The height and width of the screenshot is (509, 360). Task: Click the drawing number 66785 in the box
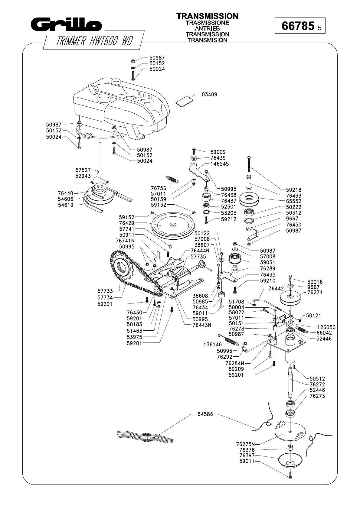[298, 26]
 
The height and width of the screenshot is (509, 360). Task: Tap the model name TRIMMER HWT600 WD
[94, 41]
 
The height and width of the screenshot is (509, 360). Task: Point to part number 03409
[209, 95]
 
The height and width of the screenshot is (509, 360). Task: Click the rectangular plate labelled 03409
[184, 101]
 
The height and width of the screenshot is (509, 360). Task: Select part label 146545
[220, 164]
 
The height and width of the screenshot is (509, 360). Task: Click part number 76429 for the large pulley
[126, 223]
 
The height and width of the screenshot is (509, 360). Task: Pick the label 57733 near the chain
[105, 291]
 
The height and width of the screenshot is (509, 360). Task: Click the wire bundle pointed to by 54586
[145, 436]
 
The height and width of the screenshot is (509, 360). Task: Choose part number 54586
[205, 414]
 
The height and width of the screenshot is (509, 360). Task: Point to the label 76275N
[245, 444]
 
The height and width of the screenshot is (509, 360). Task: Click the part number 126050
[326, 327]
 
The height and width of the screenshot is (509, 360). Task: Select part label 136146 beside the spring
[212, 344]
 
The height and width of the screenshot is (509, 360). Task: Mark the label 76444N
[200, 251]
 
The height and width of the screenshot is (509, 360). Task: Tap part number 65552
[293, 201]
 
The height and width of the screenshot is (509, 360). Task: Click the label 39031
[268, 262]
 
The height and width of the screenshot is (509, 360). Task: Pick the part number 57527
[83, 170]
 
